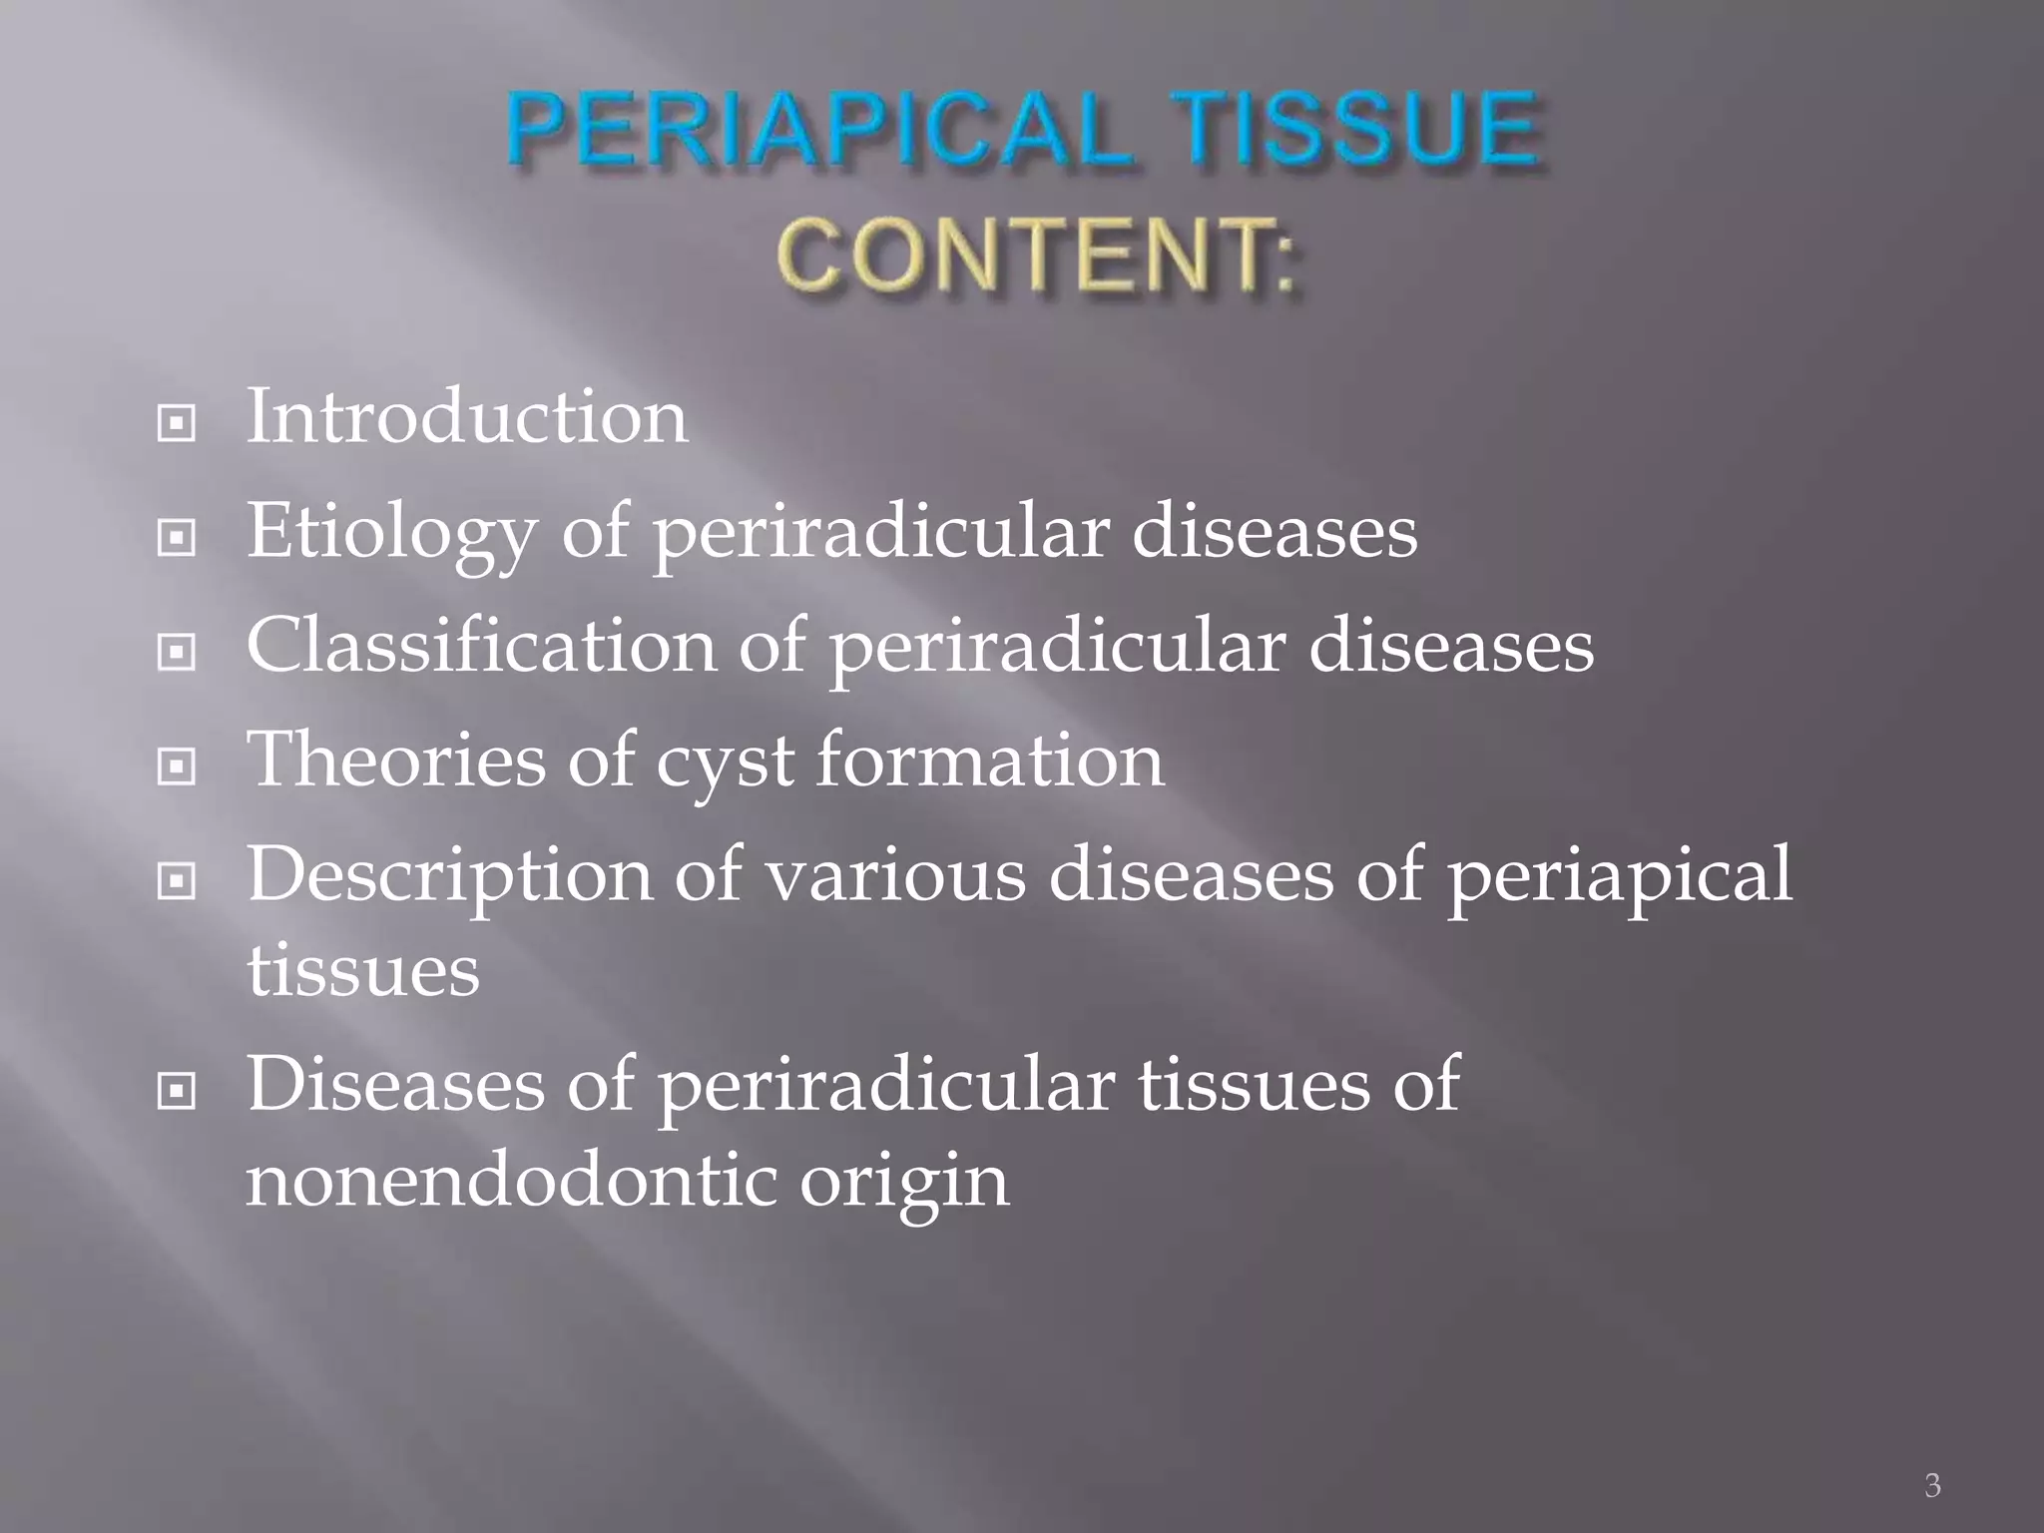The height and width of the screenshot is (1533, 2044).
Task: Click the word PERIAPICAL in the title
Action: (818, 130)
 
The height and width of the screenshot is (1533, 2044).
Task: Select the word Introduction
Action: (467, 417)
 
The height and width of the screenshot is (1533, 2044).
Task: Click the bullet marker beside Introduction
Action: (177, 425)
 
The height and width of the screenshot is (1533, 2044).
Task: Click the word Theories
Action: (396, 760)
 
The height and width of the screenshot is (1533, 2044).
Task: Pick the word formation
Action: (990, 760)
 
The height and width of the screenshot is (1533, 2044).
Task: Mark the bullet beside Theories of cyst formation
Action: (177, 767)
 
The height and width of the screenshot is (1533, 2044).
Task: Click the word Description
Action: (449, 876)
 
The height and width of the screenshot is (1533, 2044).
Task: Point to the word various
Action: (895, 876)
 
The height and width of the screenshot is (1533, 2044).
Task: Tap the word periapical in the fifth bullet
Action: (1619, 876)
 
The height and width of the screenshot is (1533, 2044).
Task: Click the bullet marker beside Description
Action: (177, 881)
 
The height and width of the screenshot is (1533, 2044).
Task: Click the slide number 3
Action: (1932, 1486)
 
